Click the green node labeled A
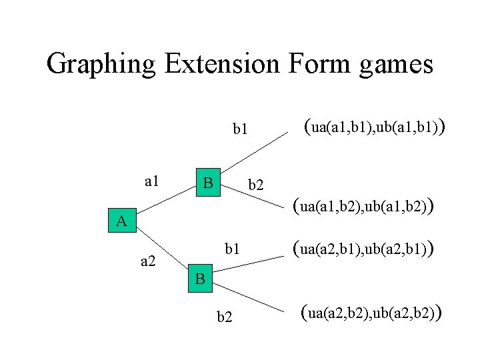pos(121,221)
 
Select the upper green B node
pos(208,182)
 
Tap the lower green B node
pos(200,279)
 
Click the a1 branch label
pos(153,181)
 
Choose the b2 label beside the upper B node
pos(256,185)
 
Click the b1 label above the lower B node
pos(232,250)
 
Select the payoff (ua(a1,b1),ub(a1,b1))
pos(374,127)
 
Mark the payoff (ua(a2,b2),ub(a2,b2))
pos(372,311)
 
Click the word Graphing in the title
pos(101,65)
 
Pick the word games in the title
pos(397,65)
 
